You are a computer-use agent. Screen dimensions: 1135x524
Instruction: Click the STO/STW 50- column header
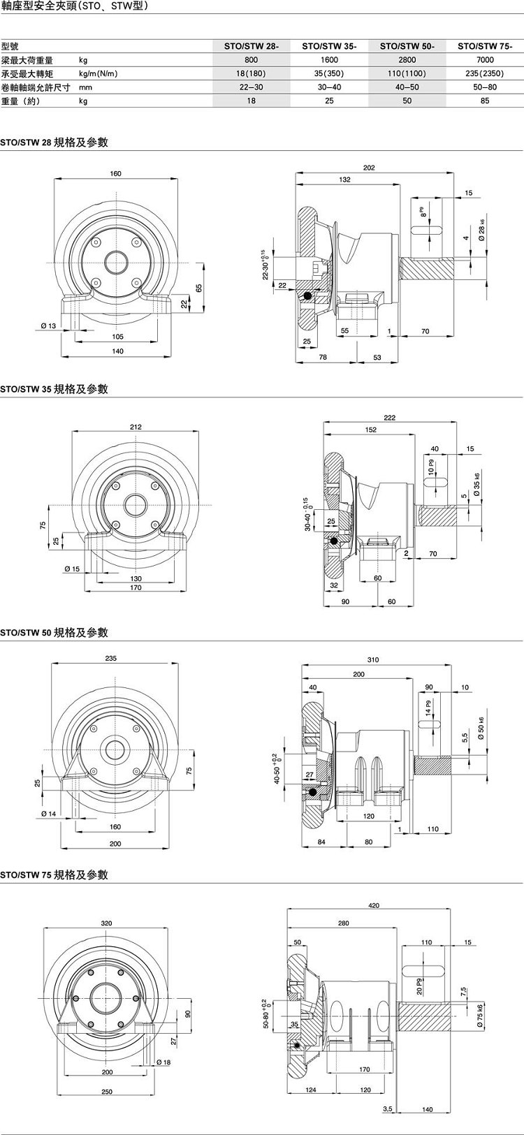(x=407, y=47)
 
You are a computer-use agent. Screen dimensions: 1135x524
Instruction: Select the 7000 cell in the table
(x=485, y=60)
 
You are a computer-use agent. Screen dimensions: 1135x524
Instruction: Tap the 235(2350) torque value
(x=485, y=74)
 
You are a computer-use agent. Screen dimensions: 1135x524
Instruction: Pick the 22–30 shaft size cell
(x=252, y=87)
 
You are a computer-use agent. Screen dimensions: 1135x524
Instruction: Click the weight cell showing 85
(x=485, y=101)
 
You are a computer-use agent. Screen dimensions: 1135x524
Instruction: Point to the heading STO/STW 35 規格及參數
(x=54, y=389)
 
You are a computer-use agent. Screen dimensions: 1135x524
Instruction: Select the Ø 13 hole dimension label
(x=48, y=325)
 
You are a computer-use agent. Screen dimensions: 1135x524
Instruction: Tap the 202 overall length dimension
(x=389, y=168)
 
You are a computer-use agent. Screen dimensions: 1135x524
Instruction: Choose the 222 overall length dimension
(x=389, y=418)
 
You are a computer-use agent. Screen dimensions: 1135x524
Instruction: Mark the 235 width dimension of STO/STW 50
(x=111, y=659)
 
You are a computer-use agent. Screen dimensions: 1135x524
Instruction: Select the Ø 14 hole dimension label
(x=48, y=814)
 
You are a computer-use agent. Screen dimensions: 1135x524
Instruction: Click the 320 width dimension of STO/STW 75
(x=106, y=923)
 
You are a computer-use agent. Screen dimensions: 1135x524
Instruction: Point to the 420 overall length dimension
(x=374, y=905)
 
